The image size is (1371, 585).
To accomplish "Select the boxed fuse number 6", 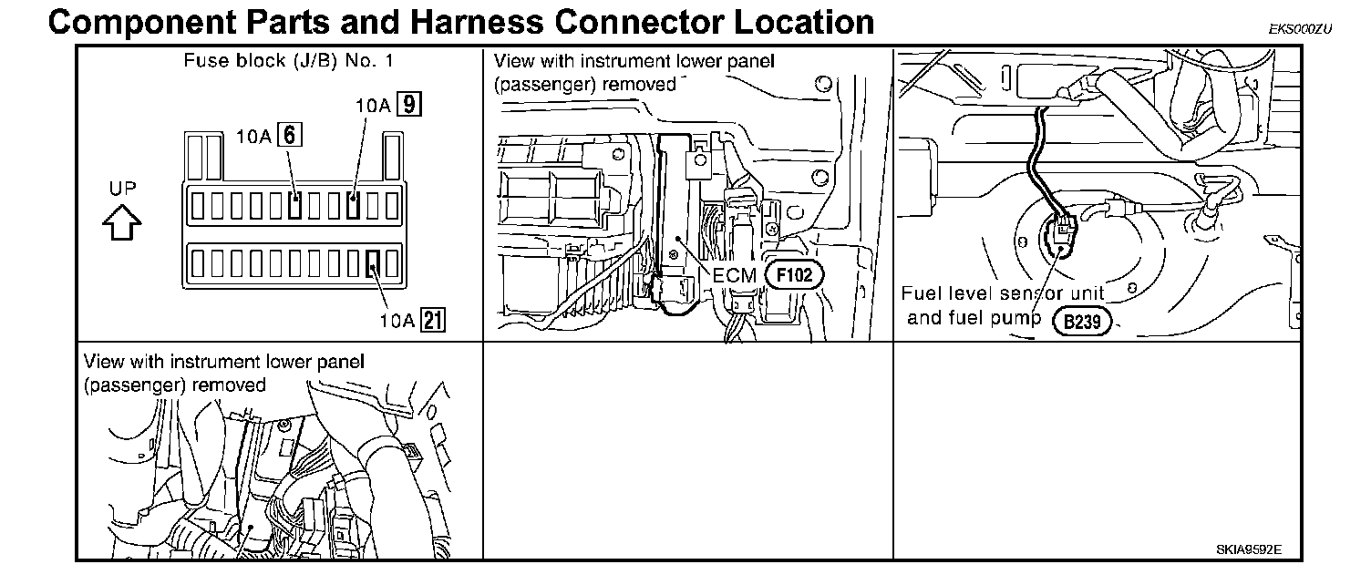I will coord(290,136).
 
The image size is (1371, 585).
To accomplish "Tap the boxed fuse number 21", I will coord(432,320).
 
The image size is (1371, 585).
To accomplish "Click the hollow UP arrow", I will coord(123,221).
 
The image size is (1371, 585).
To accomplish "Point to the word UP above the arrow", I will coord(123,190).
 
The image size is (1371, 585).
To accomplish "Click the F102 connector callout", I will coord(793,273).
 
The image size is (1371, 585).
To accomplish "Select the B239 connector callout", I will coord(1080,321).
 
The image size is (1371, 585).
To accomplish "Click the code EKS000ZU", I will coord(1300,28).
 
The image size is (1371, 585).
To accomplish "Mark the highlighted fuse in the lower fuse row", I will coord(373,264).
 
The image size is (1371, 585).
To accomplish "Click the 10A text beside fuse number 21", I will coord(397,320).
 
